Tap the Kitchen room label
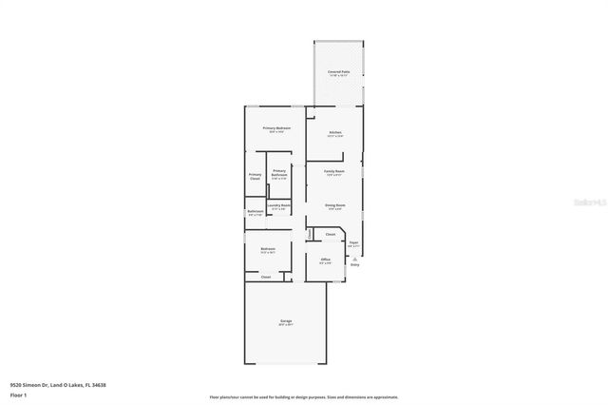click(x=334, y=132)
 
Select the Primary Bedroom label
click(x=277, y=127)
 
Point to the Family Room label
click(x=334, y=171)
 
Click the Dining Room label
click(x=334, y=204)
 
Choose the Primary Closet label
click(x=256, y=176)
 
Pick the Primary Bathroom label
click(x=279, y=173)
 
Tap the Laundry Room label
click(x=278, y=205)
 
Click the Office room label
click(x=325, y=259)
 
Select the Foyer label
click(x=353, y=243)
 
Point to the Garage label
click(x=286, y=322)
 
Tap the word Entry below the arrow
click(x=355, y=264)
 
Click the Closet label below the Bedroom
click(x=266, y=277)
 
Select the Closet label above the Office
click(x=331, y=234)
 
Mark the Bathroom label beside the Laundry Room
click(x=255, y=211)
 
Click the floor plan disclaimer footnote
click(x=304, y=397)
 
